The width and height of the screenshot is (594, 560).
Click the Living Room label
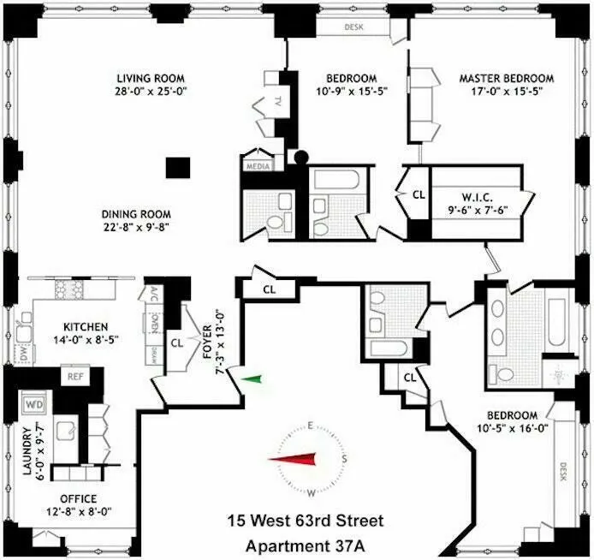(145, 77)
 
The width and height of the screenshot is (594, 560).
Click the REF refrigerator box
(76, 376)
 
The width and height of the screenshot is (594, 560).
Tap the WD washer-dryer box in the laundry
(36, 402)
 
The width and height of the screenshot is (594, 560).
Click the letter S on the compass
(344, 460)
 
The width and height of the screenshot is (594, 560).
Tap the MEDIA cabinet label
(257, 165)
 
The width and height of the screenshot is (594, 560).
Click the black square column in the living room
(178, 167)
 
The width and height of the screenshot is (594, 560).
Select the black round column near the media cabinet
(300, 157)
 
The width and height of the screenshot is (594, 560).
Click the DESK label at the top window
(353, 27)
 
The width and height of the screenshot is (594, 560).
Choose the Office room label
(78, 499)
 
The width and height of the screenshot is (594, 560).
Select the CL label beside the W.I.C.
(419, 194)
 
